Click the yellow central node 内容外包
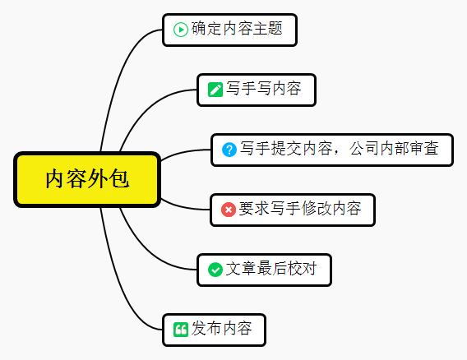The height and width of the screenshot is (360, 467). click(87, 179)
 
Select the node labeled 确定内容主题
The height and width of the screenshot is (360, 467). click(229, 30)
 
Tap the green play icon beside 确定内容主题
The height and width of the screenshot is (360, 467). click(181, 30)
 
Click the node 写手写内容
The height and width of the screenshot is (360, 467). click(257, 90)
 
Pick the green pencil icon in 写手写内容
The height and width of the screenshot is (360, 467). click(215, 90)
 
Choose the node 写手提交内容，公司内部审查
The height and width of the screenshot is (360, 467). click(332, 150)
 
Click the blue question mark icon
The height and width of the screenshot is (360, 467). click(229, 150)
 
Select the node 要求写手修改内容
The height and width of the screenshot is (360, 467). click(293, 210)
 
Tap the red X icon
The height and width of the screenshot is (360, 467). click(229, 210)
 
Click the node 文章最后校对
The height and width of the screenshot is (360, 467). click(264, 270)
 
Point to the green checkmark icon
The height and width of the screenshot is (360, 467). click(215, 270)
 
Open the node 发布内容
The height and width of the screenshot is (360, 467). click(214, 330)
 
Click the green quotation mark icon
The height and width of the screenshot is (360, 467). click(181, 330)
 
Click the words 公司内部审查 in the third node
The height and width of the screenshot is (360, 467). click(394, 148)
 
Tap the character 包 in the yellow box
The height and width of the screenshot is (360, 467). click(119, 178)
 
